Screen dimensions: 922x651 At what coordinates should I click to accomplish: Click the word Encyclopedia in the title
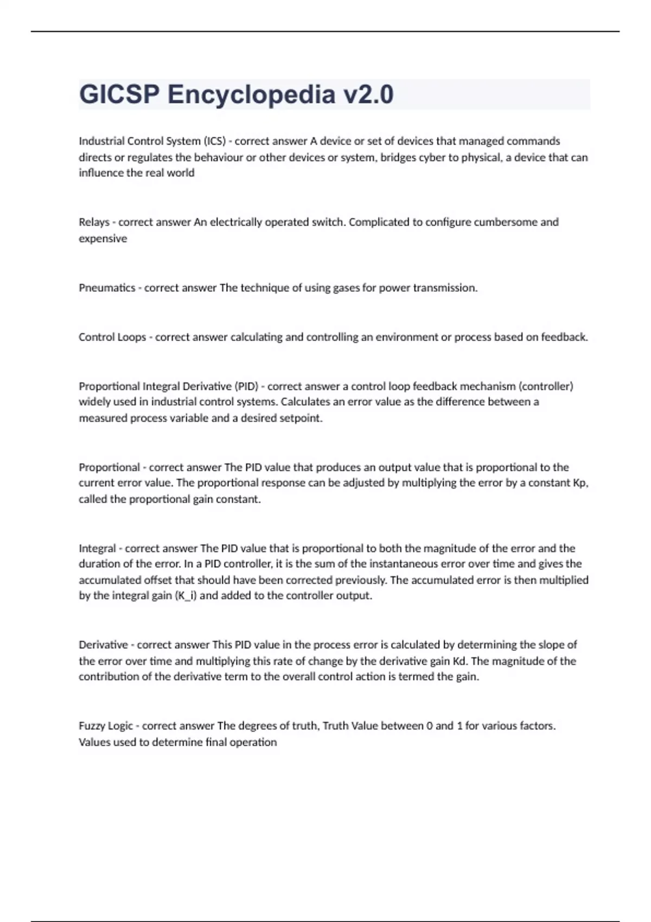(x=251, y=94)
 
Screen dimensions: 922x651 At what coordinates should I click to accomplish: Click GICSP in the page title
(x=119, y=94)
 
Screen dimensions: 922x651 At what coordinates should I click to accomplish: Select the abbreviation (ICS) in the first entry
(x=215, y=141)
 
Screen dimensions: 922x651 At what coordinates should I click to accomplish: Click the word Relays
(x=94, y=222)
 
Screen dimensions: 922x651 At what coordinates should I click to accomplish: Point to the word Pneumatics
(x=107, y=288)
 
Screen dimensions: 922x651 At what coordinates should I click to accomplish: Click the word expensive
(x=103, y=239)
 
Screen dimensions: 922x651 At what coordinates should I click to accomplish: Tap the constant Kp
(x=580, y=483)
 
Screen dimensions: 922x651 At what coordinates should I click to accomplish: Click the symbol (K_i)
(x=186, y=596)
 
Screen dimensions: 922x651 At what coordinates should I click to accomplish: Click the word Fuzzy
(x=92, y=726)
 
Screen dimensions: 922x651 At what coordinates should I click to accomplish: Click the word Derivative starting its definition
(x=103, y=645)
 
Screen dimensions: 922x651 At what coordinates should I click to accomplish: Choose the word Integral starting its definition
(x=97, y=548)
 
